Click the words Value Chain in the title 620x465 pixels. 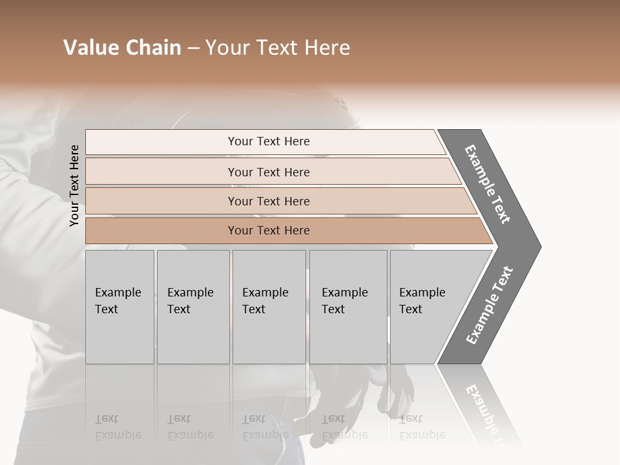point(122,48)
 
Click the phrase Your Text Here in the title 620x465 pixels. point(278,48)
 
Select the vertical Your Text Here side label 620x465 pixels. point(74,185)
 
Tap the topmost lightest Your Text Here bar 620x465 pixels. point(269,141)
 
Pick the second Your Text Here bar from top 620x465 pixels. point(269,172)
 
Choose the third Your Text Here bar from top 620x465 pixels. point(269,201)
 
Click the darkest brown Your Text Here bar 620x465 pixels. point(269,231)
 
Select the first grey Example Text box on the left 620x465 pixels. point(119,307)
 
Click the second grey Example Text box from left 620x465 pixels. point(192,307)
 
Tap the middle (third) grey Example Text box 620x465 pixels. point(269,307)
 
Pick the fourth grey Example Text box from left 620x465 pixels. point(347,307)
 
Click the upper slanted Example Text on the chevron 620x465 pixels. point(488,184)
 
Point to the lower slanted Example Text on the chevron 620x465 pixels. point(490,305)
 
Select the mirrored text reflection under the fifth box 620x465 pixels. point(421,428)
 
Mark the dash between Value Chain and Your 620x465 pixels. point(193,48)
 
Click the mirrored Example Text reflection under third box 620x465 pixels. point(264,428)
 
